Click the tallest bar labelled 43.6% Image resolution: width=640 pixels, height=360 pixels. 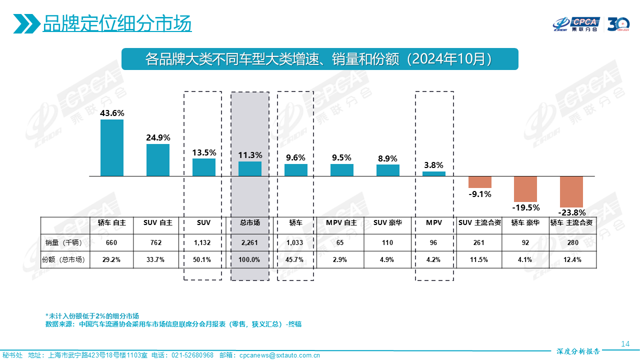(x=112, y=147)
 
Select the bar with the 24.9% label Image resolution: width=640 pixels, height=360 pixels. (x=158, y=160)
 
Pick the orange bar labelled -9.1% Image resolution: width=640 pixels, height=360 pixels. (x=480, y=182)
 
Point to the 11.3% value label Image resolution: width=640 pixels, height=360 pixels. (x=250, y=155)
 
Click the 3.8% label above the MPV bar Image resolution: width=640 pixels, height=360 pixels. (x=434, y=165)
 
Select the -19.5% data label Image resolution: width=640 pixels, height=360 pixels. (x=525, y=207)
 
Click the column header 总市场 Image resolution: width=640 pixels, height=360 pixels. (x=250, y=222)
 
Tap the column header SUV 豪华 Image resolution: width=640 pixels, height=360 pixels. (x=387, y=222)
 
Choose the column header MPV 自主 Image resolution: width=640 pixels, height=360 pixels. (x=341, y=222)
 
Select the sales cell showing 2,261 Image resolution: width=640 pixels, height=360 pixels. (x=250, y=242)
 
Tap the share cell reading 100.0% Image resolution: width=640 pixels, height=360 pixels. (x=250, y=259)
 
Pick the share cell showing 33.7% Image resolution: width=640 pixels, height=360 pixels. (x=158, y=259)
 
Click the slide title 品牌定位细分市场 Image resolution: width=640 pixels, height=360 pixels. (x=117, y=23)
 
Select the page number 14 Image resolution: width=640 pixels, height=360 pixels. (x=624, y=343)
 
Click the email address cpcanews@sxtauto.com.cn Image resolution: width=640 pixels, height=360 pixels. (x=280, y=355)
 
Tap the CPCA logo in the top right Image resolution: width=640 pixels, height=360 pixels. (x=576, y=23)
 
